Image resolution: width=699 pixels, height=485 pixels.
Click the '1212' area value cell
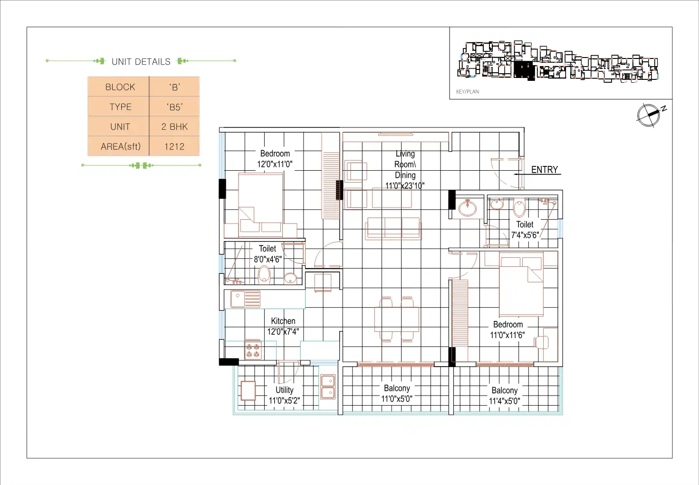tap(174, 146)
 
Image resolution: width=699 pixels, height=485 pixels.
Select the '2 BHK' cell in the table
tap(174, 126)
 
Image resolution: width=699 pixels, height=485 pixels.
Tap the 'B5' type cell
tap(174, 107)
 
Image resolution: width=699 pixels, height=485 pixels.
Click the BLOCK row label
tap(120, 87)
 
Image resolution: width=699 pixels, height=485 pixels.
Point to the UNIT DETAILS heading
tap(141, 61)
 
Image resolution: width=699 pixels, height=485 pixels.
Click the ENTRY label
tap(545, 170)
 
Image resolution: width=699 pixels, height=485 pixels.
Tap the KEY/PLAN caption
tap(468, 91)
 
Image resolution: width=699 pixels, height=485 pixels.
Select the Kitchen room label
tap(283, 321)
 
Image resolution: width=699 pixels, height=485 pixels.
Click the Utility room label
tap(284, 390)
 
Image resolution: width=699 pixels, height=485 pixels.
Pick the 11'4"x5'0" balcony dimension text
tap(504, 401)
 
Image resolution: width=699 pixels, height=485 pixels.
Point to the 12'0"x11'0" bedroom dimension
tap(275, 164)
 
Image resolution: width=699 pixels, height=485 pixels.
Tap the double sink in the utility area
tap(328, 387)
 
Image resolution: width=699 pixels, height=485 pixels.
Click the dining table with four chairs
tap(397, 319)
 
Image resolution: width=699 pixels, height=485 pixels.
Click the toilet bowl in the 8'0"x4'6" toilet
tap(264, 275)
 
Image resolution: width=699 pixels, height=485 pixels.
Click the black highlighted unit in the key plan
tap(524, 70)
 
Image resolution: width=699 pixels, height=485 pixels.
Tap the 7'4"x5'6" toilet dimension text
tap(525, 235)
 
